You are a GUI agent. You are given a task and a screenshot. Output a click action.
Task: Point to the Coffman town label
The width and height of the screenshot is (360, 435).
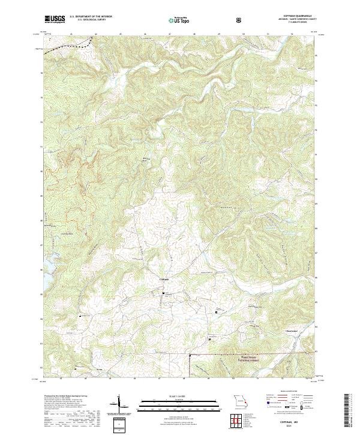167,280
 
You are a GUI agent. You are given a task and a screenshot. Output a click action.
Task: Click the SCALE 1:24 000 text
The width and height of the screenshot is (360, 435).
180,395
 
